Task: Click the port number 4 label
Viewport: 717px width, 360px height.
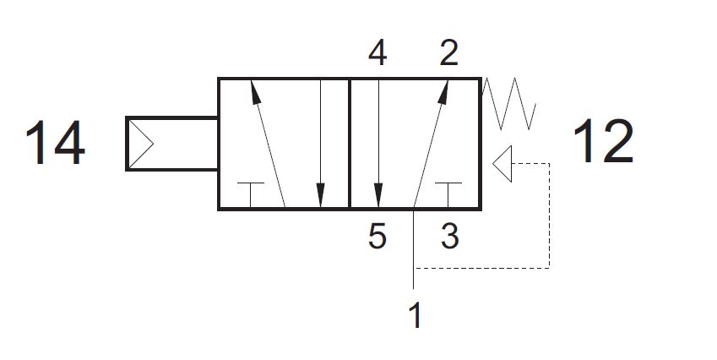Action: (378, 53)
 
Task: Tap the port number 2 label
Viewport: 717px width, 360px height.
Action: (448, 53)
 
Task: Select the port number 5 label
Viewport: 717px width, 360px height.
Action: (378, 237)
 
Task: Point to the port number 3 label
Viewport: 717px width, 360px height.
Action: (449, 237)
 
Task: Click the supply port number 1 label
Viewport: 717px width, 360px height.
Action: (415, 315)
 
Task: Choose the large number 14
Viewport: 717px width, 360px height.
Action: (55, 143)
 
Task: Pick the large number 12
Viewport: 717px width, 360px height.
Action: (603, 141)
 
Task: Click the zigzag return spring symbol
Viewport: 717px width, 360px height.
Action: (508, 104)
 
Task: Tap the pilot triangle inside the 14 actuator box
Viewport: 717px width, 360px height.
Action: (140, 143)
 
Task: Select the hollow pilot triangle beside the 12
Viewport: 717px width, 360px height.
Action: (502, 164)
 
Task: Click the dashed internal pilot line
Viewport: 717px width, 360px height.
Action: (549, 215)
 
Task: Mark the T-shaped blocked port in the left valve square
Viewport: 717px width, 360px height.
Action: (251, 195)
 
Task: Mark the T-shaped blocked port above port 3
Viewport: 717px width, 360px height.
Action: (448, 195)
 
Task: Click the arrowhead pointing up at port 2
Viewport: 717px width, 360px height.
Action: (443, 92)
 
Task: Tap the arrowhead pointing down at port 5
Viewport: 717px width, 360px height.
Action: (378, 195)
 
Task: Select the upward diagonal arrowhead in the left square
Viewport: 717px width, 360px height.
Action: (255, 92)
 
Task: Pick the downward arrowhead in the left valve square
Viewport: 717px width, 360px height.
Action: (321, 195)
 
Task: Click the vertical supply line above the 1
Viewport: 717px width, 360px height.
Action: (413, 249)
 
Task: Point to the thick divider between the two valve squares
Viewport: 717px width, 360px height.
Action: (350, 144)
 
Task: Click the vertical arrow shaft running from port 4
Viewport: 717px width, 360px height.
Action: (378, 132)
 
